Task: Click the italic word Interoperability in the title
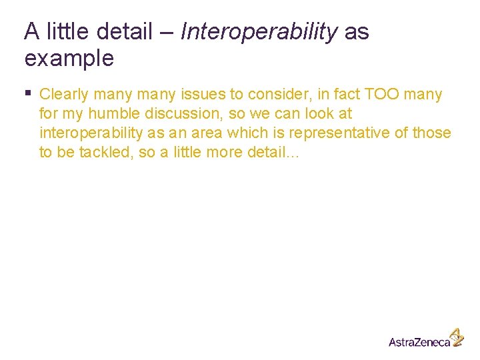click(259, 31)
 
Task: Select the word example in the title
click(69, 59)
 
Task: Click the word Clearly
click(64, 95)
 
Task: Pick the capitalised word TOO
click(381, 95)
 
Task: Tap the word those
click(431, 133)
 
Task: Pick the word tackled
click(102, 153)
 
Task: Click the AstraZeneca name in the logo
click(419, 341)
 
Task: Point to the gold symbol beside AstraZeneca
click(457, 337)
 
